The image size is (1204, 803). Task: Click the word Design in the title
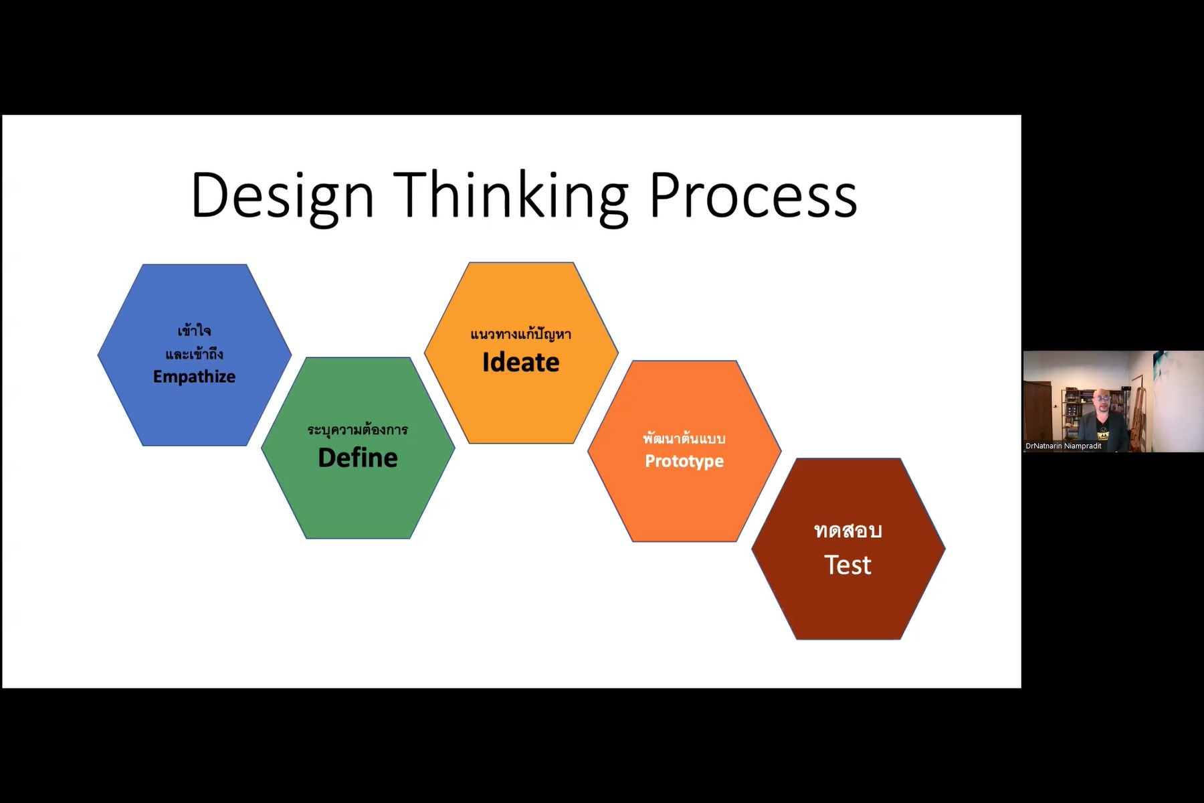282,195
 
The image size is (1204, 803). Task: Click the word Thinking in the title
510,195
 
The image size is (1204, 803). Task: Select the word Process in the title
753,195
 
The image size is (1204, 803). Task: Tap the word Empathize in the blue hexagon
194,377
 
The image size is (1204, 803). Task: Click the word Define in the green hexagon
358,458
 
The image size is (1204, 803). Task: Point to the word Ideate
521,362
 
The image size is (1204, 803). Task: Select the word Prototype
684,461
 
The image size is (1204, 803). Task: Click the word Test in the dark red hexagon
847,565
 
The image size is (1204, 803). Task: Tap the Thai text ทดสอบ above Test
848,531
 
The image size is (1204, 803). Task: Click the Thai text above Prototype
684,438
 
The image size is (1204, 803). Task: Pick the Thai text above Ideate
521,333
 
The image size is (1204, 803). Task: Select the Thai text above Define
358,429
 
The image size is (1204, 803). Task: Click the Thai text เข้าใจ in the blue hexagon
195,330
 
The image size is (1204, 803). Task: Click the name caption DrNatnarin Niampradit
1064,446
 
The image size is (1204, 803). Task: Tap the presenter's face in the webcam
1102,404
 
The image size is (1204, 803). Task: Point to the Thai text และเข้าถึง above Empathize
194,353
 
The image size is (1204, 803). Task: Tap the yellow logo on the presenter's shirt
1102,435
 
